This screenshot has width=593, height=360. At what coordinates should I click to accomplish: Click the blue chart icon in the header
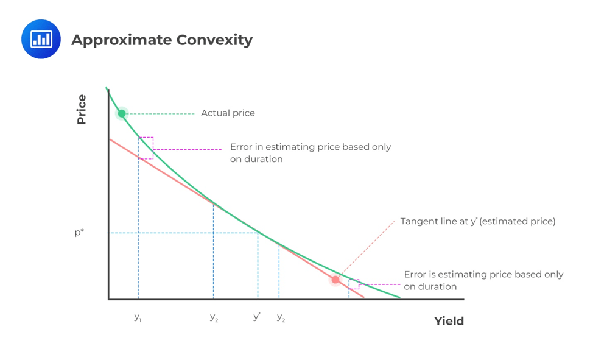click(41, 39)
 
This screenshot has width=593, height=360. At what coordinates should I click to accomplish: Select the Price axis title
click(82, 110)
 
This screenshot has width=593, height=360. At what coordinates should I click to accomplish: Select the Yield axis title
click(449, 321)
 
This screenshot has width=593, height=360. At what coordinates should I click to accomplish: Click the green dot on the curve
click(122, 113)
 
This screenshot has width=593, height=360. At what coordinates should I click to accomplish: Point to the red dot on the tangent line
click(335, 280)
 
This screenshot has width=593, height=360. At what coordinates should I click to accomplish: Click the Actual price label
click(228, 113)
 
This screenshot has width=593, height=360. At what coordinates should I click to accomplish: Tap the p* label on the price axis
click(79, 233)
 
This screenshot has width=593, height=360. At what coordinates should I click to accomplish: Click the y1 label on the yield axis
click(138, 317)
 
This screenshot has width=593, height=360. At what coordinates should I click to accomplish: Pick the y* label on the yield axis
click(257, 317)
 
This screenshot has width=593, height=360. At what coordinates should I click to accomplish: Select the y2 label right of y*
click(281, 317)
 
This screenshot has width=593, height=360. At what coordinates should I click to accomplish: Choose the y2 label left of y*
click(214, 317)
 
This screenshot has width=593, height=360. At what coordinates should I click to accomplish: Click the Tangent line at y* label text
click(477, 221)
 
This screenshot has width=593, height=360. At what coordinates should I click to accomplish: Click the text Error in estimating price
click(311, 147)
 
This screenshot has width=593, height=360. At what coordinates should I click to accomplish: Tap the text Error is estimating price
click(483, 275)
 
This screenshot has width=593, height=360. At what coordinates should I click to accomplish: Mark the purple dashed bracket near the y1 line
click(146, 148)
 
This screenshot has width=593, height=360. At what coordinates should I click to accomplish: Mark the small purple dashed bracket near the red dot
click(354, 284)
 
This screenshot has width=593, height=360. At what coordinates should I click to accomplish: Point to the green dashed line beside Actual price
click(161, 113)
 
